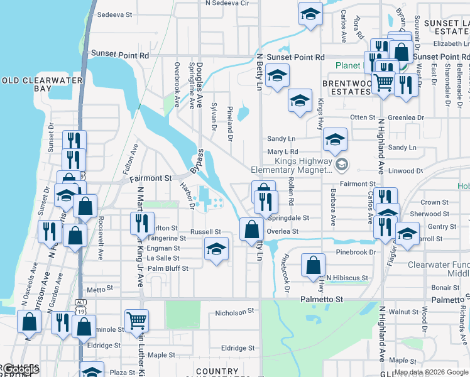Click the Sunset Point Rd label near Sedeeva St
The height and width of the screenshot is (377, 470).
tap(120, 55)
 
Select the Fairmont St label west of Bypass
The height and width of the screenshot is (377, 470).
tap(151, 178)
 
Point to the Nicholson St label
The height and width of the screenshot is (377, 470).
tap(234, 310)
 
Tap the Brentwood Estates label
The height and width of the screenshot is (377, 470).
tap(346, 87)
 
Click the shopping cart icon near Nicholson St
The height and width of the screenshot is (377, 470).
tap(136, 320)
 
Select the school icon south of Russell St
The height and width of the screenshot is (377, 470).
tap(216, 251)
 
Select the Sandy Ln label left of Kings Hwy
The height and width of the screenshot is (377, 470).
tap(281, 139)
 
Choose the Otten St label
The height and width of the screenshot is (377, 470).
tap(363, 117)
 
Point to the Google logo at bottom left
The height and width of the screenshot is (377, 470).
tap(20, 369)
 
